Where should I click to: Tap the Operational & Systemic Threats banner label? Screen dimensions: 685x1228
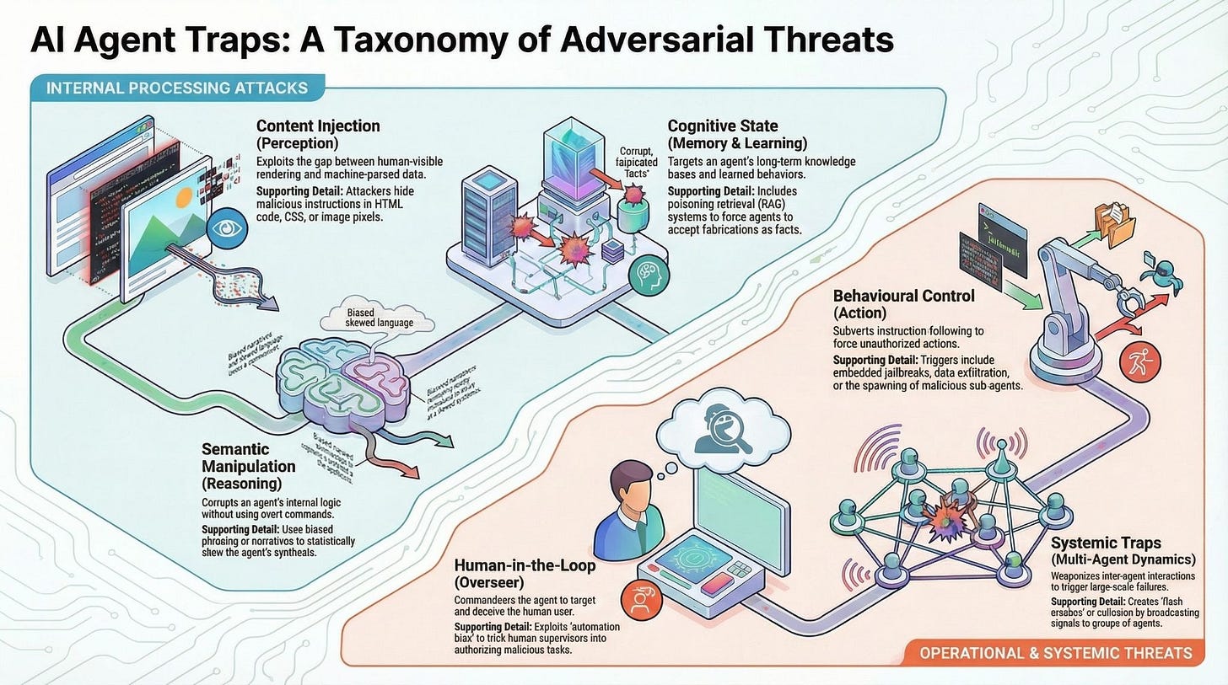[x=1056, y=652]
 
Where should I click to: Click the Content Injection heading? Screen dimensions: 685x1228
[x=318, y=126]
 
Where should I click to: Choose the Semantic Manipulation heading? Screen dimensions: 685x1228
[x=248, y=458]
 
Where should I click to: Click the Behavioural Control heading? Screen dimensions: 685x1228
[x=903, y=296]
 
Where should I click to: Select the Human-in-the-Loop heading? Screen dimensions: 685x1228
[x=525, y=565]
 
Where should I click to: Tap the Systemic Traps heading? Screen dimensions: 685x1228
[x=1106, y=543]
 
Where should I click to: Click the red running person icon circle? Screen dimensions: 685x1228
[x=1134, y=363]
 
